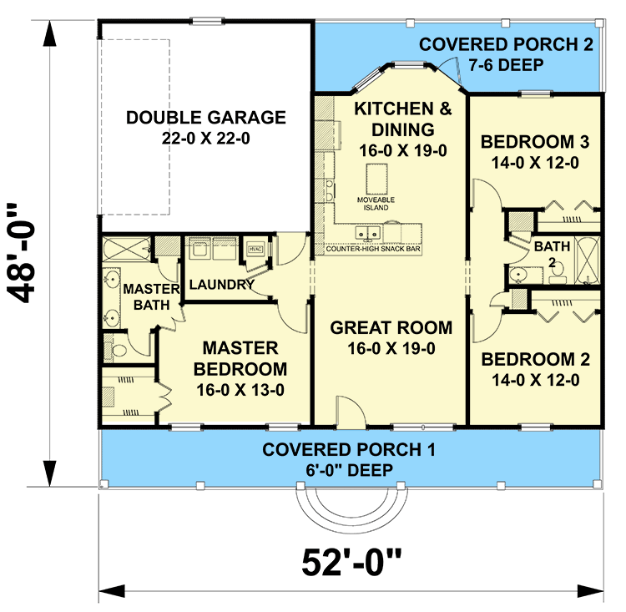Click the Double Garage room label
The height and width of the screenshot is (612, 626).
tap(206, 127)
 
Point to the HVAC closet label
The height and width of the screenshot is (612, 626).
tap(255, 249)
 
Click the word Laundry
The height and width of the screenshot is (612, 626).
tap(221, 285)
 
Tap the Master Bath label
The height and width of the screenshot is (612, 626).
tap(152, 296)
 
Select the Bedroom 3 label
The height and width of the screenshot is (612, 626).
tap(535, 152)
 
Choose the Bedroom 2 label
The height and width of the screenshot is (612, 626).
tap(536, 370)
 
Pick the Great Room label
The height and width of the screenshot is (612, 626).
tap(391, 337)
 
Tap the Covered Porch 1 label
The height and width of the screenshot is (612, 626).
tap(349, 458)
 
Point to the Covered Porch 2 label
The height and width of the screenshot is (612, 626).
tap(507, 53)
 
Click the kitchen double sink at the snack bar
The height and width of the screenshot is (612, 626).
tap(368, 231)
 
